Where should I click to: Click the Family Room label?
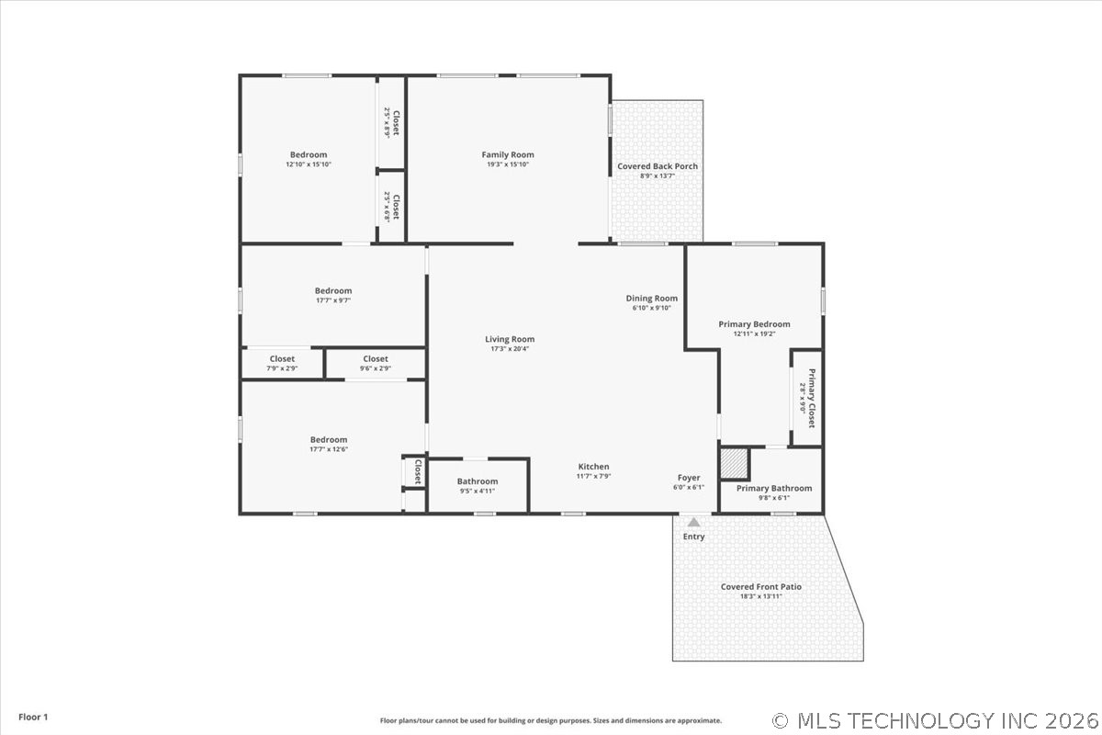tap(508, 155)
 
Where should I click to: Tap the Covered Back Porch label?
tap(658, 166)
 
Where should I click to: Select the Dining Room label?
tap(652, 299)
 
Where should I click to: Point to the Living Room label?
tap(510, 340)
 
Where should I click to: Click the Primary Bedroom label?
tap(754, 324)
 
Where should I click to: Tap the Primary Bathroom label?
tap(774, 489)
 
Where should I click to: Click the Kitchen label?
tap(593, 467)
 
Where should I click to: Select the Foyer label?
tap(689, 478)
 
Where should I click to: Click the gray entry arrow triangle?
tap(694, 522)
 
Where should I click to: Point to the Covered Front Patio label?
tap(761, 587)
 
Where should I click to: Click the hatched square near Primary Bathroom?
tap(734, 463)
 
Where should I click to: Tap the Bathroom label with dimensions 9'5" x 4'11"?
tap(478, 481)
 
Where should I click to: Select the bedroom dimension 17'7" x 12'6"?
tap(329, 449)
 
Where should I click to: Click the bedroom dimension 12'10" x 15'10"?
tap(309, 164)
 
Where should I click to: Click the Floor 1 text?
tap(33, 717)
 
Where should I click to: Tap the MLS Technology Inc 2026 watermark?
tap(936, 719)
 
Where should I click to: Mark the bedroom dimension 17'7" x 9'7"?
tap(333, 300)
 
